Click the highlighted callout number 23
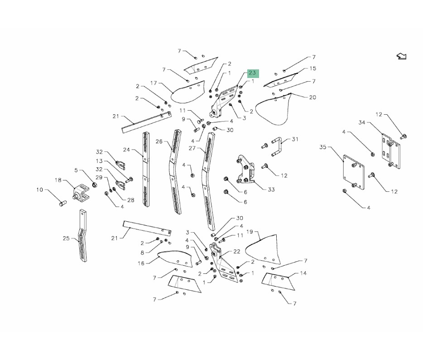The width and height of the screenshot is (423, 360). (x=252, y=73)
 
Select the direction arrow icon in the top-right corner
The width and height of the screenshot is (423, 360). (x=401, y=56)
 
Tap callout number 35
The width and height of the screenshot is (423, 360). (x=323, y=147)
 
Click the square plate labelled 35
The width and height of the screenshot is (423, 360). (x=354, y=172)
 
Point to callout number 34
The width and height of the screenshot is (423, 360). (x=362, y=122)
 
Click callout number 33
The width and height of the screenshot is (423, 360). (x=271, y=189)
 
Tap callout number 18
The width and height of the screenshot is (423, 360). (x=58, y=180)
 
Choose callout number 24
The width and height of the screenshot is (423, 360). (x=126, y=150)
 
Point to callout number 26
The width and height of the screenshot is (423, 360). (x=159, y=141)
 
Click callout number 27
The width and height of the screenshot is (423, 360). (x=192, y=148)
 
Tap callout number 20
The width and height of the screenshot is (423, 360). (x=312, y=97)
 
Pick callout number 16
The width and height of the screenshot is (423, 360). (x=141, y=263)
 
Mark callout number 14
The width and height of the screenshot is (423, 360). (x=303, y=273)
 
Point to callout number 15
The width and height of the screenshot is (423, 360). (x=312, y=68)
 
